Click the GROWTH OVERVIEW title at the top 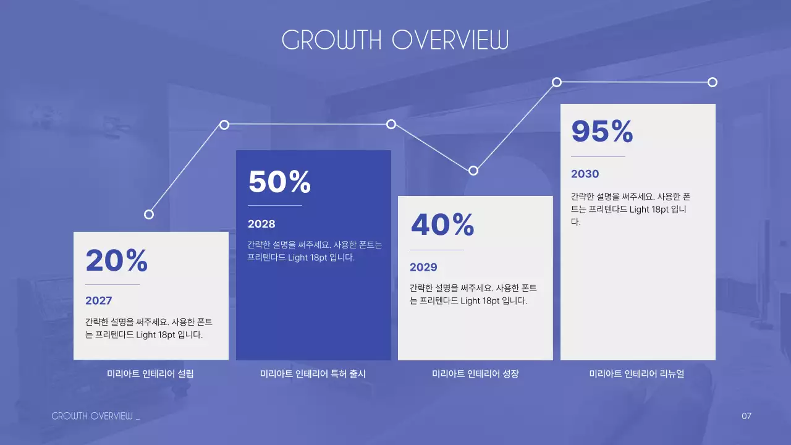[x=395, y=40]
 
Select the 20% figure [x=117, y=261]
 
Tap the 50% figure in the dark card [x=279, y=182]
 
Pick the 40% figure [x=442, y=225]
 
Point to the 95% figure [x=602, y=131]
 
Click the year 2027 [x=99, y=301]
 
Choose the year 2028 [x=261, y=224]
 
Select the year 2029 [x=423, y=268]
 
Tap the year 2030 [x=585, y=174]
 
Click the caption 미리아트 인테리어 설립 [x=151, y=374]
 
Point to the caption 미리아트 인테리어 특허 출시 [x=313, y=374]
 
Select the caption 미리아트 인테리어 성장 [x=475, y=374]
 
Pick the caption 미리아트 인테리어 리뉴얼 [x=637, y=374]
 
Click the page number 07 [x=747, y=416]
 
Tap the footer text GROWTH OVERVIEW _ [x=96, y=416]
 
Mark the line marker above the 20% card [x=148, y=214]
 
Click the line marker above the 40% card [x=473, y=171]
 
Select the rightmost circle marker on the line [x=712, y=82]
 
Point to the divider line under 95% [x=598, y=156]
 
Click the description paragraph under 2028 [x=315, y=251]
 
